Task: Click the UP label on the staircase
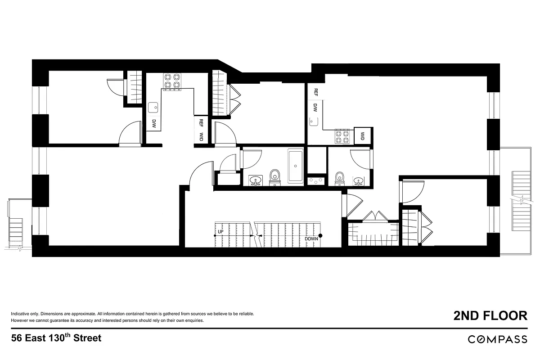point(220,232)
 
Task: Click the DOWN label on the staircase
point(311,238)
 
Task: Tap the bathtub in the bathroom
point(295,166)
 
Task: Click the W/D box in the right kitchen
point(362,135)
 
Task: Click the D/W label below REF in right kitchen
point(315,108)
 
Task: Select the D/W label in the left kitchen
point(153,124)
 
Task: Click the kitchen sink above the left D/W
point(153,108)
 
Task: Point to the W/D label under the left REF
point(201,137)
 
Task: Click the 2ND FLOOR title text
point(490,315)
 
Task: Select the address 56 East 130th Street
point(56,338)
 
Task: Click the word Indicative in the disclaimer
point(20,313)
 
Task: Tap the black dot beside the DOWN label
point(321,235)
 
